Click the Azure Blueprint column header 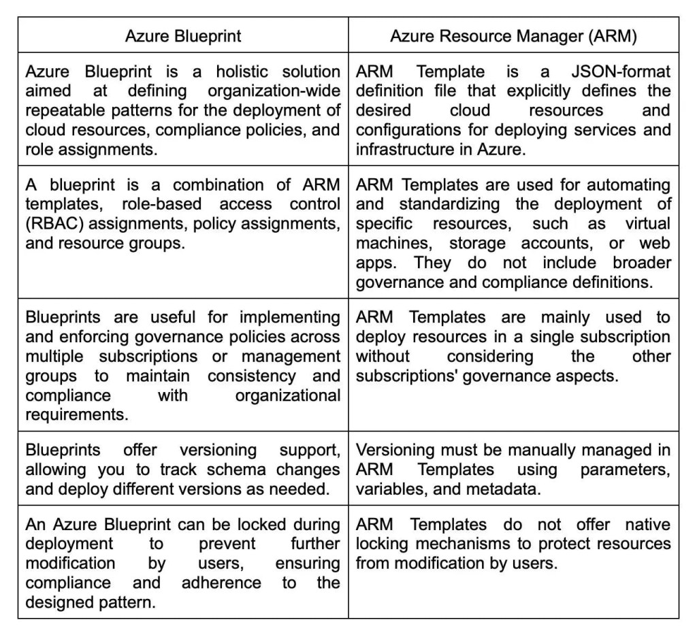coord(182,36)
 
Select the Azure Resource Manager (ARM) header coord(513,36)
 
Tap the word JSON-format coord(621,71)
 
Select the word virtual coord(648,223)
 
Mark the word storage coord(468,243)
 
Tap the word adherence coord(221,583)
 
